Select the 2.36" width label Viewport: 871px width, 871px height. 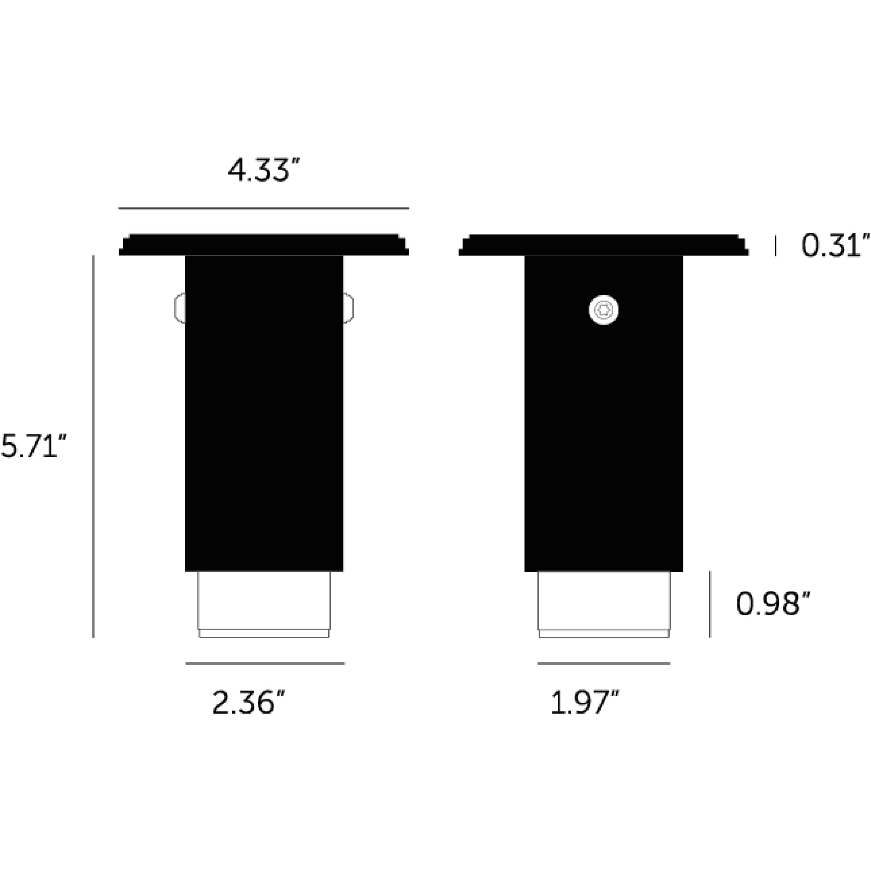(x=249, y=703)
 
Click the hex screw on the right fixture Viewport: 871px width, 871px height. (x=603, y=310)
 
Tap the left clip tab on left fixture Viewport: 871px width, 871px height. (x=180, y=308)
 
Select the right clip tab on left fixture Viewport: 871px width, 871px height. (x=348, y=308)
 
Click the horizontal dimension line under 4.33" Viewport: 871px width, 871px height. (x=263, y=208)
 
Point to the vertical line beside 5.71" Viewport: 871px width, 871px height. (x=93, y=446)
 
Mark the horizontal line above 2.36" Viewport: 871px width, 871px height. (x=265, y=664)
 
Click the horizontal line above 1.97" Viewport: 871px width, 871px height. (x=604, y=664)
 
